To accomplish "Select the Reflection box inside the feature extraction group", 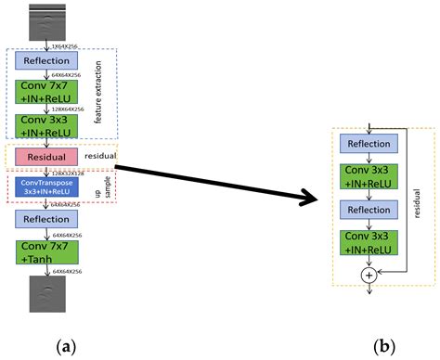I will (x=45, y=60).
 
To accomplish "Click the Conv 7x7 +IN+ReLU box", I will (x=45, y=91).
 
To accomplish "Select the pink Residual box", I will (x=45, y=159).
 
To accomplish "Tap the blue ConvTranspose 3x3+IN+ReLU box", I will (x=45, y=188).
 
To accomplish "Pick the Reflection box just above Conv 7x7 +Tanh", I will (x=45, y=218).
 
